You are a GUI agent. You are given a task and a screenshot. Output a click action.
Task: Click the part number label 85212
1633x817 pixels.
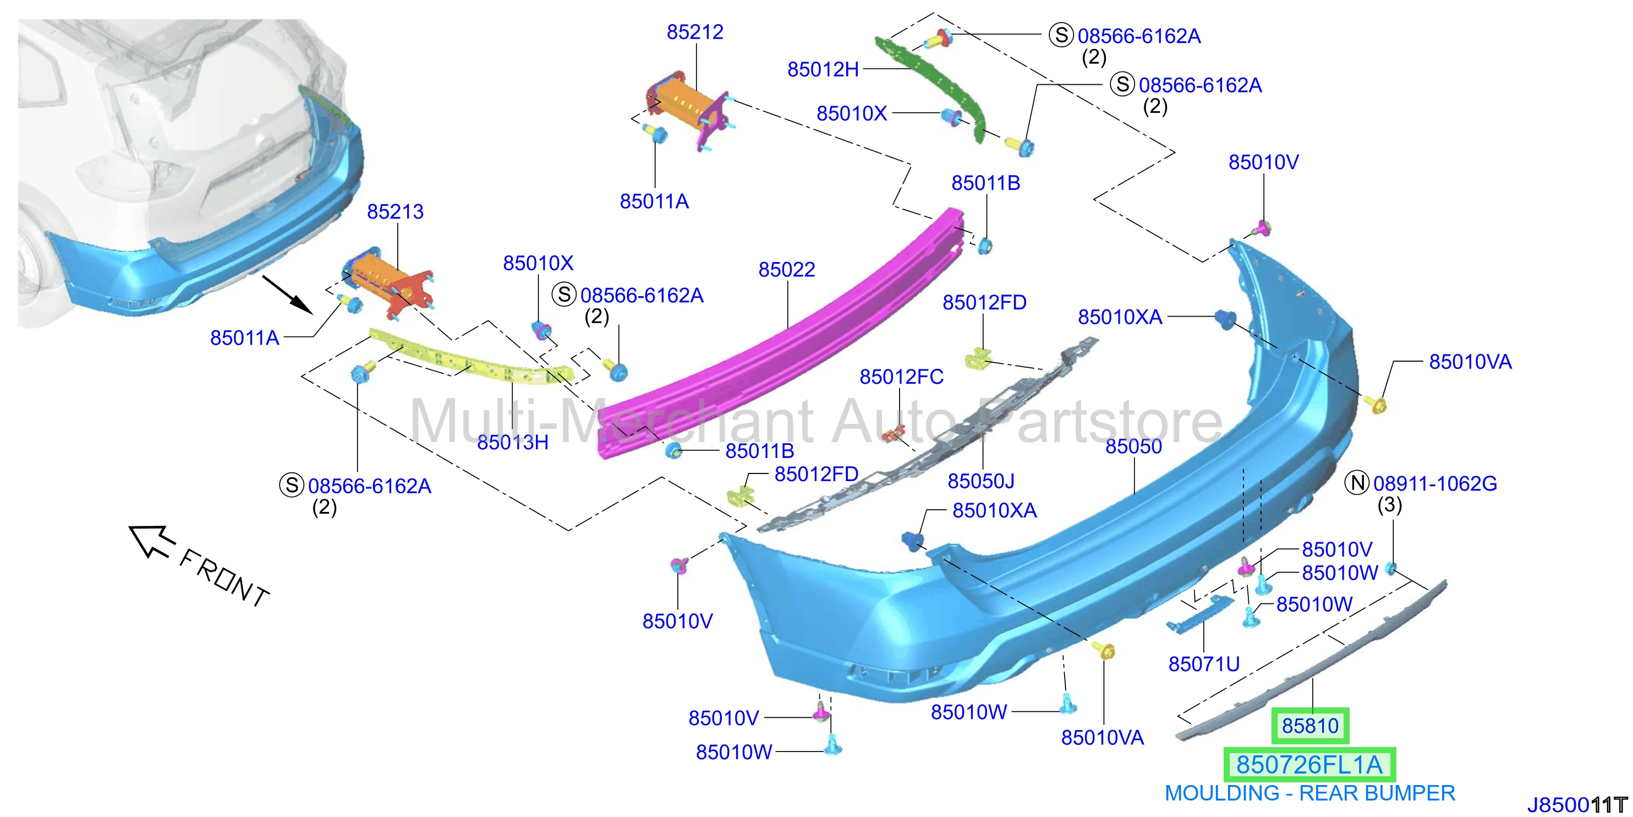tap(695, 32)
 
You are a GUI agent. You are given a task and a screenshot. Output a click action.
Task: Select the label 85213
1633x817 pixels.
tap(395, 212)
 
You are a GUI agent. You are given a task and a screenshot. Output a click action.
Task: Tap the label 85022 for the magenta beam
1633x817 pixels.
tap(787, 270)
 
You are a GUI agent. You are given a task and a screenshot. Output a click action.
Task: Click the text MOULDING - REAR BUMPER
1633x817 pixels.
tap(1309, 793)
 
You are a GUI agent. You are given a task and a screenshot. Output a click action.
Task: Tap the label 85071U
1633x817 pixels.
tap(1204, 664)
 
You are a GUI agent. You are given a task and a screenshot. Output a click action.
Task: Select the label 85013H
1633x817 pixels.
tap(513, 442)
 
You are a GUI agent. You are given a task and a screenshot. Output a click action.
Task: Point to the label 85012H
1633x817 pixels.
tap(823, 69)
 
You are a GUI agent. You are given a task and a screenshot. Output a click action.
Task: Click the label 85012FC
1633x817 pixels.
tap(901, 377)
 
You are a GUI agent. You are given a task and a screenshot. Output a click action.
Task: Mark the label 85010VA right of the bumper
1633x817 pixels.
tap(1470, 362)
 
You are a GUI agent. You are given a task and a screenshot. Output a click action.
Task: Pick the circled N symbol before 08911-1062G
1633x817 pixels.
tap(1357, 483)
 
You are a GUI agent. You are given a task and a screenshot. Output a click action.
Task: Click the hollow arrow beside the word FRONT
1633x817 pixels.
tap(151, 541)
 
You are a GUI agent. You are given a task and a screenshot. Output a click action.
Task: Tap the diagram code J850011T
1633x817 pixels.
tap(1577, 805)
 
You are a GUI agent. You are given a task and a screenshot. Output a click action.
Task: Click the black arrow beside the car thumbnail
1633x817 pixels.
tap(287, 295)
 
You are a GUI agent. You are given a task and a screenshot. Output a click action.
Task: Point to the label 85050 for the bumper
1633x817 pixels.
tap(1133, 446)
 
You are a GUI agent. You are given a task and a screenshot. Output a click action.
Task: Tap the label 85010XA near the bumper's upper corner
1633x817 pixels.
tap(1120, 317)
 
